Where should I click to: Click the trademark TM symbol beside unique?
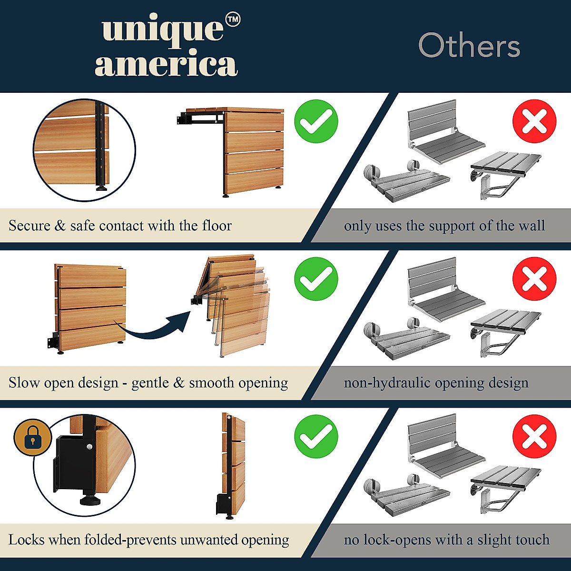232,20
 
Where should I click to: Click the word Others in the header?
469,46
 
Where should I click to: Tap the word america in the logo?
166,65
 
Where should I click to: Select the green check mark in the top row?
316,121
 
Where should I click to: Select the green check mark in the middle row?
316,279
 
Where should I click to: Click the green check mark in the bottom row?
316,436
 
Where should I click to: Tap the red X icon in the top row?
534,121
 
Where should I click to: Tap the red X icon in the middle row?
534,279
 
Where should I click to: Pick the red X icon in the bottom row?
534,436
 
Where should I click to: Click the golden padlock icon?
32,437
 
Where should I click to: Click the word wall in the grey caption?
532,226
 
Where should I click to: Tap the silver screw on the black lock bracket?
89,447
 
